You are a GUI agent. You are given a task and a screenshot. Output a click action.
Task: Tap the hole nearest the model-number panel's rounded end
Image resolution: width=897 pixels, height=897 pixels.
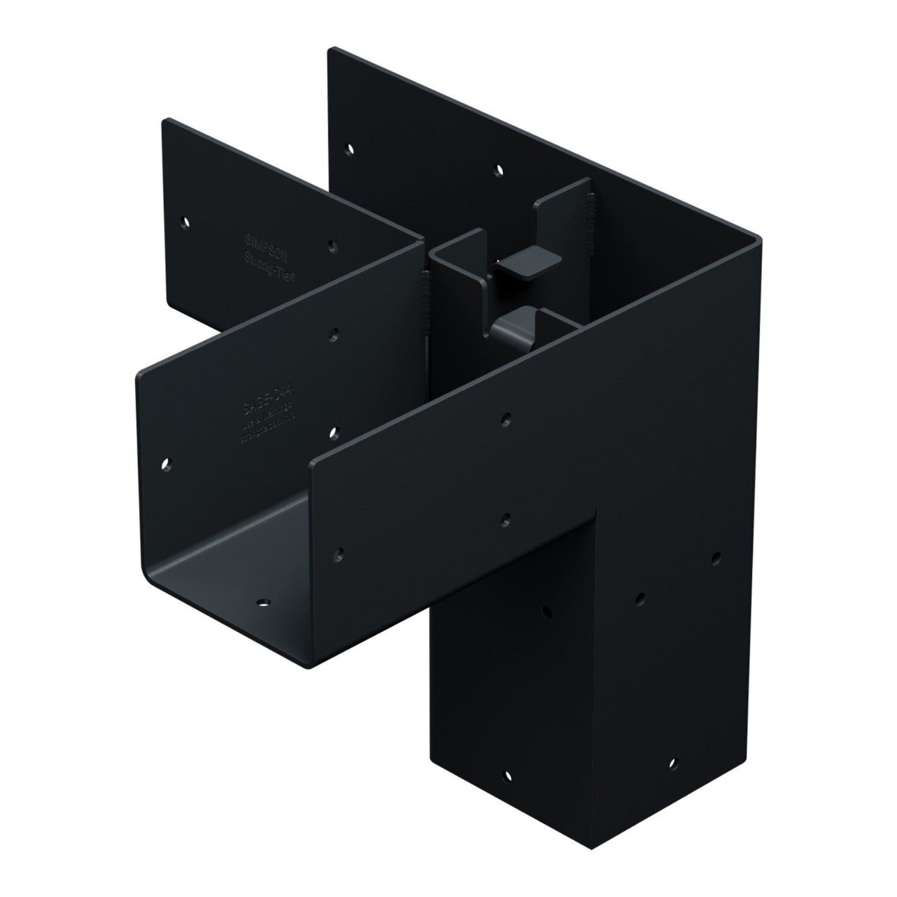[x=166, y=463]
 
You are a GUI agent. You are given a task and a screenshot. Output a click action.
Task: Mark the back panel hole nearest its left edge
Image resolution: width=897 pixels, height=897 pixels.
[x=350, y=149]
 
